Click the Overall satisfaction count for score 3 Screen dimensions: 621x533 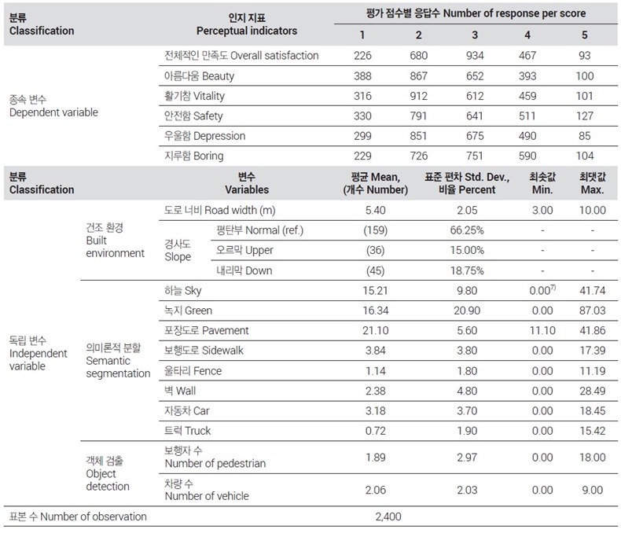click(475, 56)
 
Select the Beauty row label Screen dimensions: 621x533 click(199, 75)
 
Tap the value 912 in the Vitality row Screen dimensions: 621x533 click(419, 96)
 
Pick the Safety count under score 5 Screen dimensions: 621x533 click(585, 116)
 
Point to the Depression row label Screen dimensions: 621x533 click(204, 136)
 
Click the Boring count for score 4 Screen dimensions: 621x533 click(527, 156)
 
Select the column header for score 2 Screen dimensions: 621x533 click(419, 35)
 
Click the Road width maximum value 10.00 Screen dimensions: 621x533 click(593, 210)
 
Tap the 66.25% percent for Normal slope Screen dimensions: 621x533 click(467, 230)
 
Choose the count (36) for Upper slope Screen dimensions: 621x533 click(376, 250)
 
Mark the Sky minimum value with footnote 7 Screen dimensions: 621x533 click(542, 290)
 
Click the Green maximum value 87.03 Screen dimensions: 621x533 click(593, 311)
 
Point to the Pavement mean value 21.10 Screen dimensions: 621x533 click(376, 330)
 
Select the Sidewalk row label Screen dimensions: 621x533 click(204, 351)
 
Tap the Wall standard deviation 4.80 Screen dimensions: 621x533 click(467, 391)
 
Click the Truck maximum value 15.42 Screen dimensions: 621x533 click(593, 431)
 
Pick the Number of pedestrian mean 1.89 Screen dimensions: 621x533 click(376, 458)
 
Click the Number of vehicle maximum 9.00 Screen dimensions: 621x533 click(593, 490)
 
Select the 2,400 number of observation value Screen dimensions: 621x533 click(388, 516)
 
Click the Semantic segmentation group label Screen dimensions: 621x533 click(118, 360)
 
